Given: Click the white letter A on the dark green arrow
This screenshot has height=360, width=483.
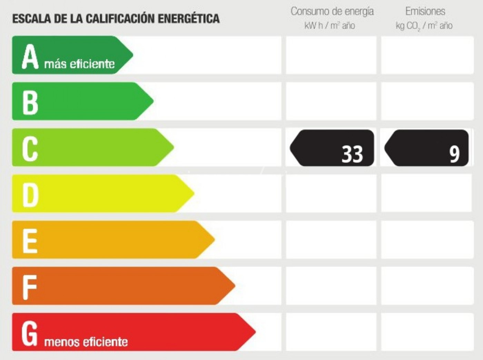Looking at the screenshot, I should point(30,57).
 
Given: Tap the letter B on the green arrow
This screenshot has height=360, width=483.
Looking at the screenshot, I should point(30,103).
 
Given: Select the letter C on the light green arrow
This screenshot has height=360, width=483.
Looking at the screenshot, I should point(30,149).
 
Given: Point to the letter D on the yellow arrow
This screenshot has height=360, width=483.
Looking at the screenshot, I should point(30,195).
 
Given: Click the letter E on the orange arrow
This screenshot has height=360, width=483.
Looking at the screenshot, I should point(30,241).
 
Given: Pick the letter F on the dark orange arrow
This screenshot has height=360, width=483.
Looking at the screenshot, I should point(29,287).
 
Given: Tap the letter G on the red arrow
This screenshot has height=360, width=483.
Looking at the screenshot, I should point(30,333).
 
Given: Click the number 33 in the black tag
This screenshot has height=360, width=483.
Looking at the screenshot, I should point(352,154).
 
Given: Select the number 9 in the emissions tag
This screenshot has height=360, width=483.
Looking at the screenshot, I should point(454,154).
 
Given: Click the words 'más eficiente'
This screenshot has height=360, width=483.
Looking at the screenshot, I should point(79,64).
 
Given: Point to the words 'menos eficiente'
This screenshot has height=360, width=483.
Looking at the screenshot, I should point(86,342).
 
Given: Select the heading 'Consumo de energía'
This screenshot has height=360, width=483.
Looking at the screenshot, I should point(332,11).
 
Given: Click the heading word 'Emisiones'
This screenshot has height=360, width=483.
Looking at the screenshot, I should point(425,11).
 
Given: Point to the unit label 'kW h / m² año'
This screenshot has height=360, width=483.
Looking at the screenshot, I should point(329,26).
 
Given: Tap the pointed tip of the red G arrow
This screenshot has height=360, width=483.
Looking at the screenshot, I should point(255,332).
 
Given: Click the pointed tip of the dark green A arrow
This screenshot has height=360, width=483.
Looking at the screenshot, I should point(132,55).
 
